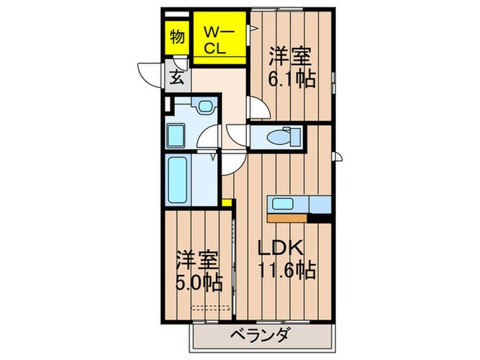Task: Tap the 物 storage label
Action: [x=177, y=37]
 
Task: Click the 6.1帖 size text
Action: [x=292, y=80]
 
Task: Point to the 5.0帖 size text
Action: [x=199, y=283]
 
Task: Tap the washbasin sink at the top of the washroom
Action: [x=204, y=106]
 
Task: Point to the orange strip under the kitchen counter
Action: [x=287, y=219]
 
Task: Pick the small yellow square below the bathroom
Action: [x=226, y=202]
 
